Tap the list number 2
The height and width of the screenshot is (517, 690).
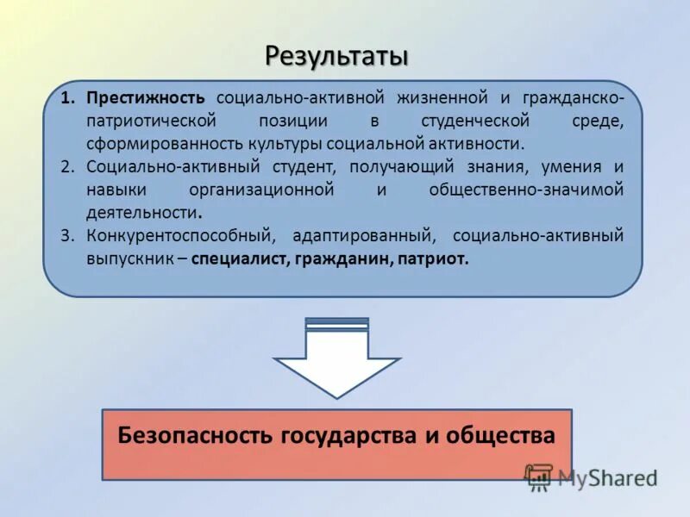[67, 166]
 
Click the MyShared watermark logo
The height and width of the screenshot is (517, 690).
[591, 477]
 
